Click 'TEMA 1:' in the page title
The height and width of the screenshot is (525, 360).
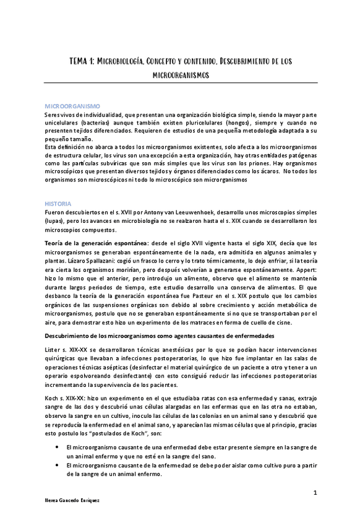point(81,61)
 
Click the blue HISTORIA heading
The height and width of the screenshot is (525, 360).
point(58,203)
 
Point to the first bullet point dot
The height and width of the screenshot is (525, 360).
point(58,446)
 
